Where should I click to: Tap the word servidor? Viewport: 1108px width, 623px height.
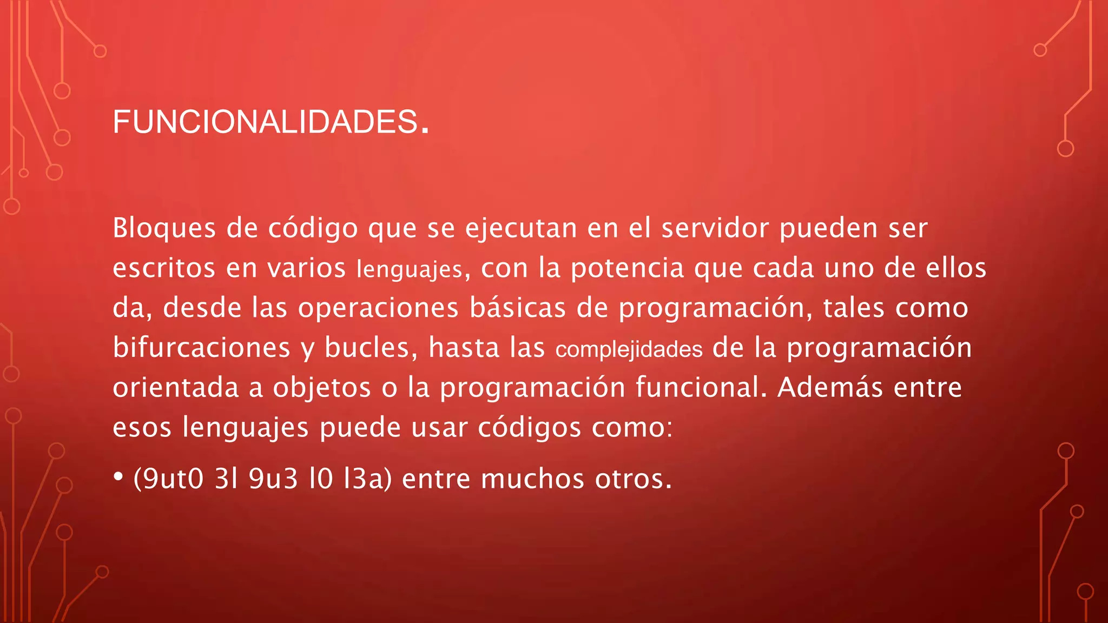[x=715, y=228]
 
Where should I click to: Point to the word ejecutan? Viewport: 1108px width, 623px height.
[x=521, y=229]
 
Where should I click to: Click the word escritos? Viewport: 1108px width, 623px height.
[x=164, y=268]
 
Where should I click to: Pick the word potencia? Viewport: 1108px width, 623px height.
[x=628, y=269]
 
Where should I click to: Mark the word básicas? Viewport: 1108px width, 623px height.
[x=517, y=307]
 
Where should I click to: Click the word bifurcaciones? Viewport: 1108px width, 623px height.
[x=201, y=347]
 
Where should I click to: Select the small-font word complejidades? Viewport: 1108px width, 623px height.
[x=629, y=349]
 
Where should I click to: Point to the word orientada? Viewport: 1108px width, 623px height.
[x=175, y=387]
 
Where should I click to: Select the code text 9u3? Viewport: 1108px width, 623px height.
[x=273, y=479]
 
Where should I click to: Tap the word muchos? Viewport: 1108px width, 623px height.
[x=532, y=479]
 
